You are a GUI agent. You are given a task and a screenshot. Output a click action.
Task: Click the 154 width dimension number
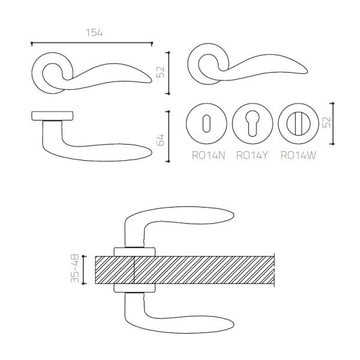pyautogui.click(x=94, y=32)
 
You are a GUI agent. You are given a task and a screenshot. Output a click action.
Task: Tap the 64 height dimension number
pyautogui.click(x=160, y=140)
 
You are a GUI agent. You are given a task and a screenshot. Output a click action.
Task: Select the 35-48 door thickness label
pyautogui.click(x=75, y=268)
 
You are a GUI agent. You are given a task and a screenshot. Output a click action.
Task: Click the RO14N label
pyautogui.click(x=208, y=155)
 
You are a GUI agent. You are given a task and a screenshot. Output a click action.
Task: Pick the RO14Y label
pyautogui.click(x=252, y=155)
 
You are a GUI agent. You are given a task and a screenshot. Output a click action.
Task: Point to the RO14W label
pyautogui.click(x=298, y=155)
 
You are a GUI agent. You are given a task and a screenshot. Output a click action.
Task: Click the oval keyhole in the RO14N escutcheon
pyautogui.click(x=206, y=123)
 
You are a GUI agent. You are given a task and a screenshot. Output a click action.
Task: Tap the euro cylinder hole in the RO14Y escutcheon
pyautogui.click(x=253, y=124)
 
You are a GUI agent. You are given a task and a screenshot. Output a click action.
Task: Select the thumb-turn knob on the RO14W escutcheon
pyautogui.click(x=298, y=124)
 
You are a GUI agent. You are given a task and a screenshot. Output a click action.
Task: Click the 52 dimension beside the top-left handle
pyautogui.click(x=160, y=72)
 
